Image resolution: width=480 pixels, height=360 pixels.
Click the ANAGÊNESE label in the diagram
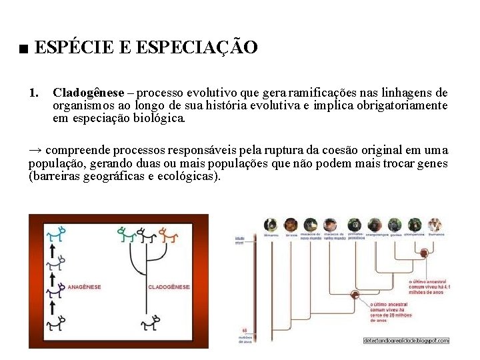pos(84,287)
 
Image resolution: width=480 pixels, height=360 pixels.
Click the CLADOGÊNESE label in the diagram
pos(169,287)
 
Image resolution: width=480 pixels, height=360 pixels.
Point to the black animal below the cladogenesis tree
pos(149,325)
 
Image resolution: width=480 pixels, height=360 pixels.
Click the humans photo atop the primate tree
pos(435,225)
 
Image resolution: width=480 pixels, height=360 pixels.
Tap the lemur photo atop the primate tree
pos(271,225)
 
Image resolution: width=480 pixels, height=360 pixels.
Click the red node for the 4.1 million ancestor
pos(422,253)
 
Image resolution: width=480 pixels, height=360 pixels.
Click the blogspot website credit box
pos(406,340)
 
